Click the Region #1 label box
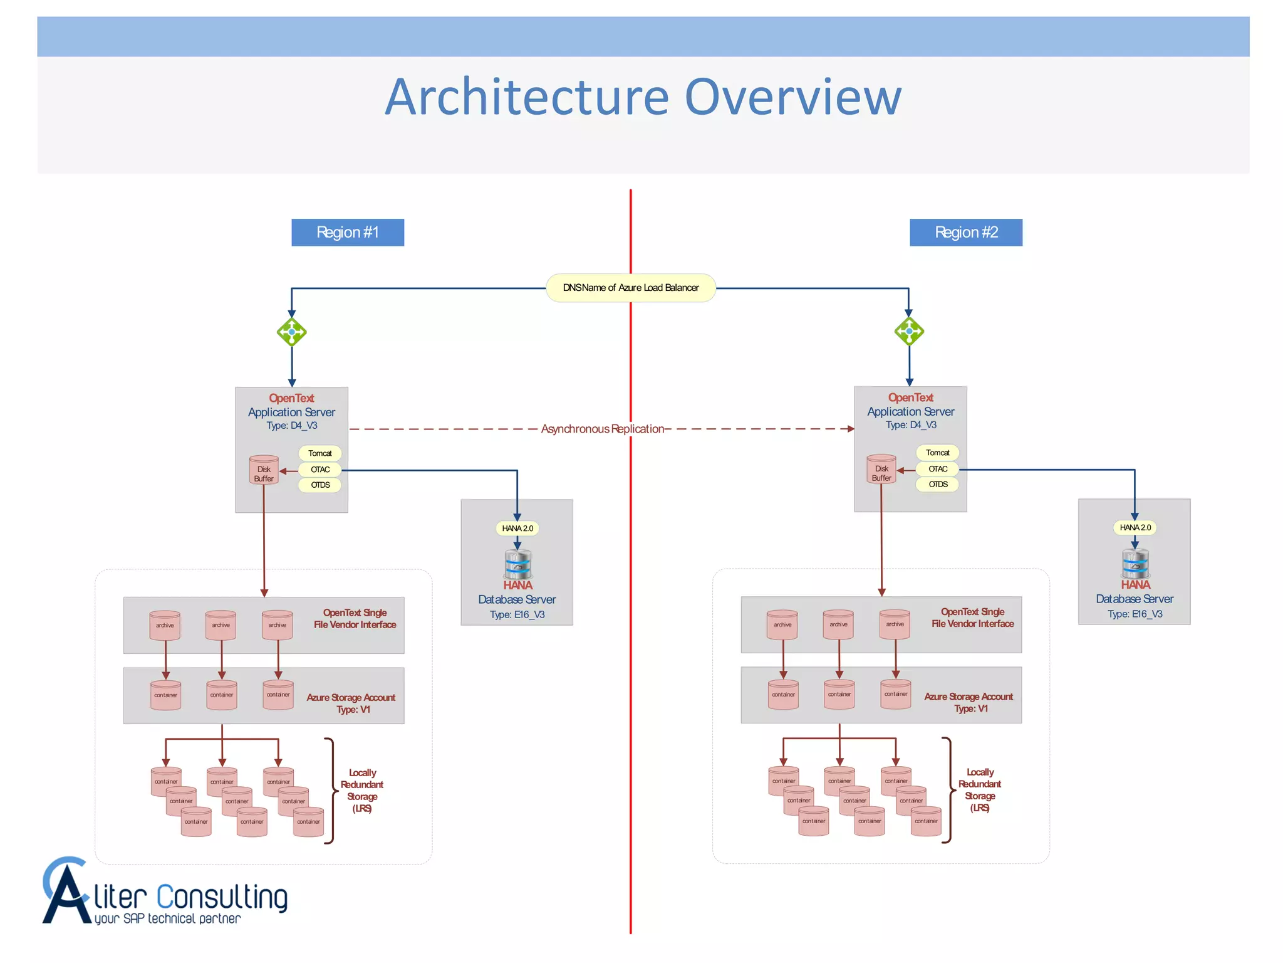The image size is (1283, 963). pos(348,233)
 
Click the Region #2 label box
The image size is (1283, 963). pos(965,233)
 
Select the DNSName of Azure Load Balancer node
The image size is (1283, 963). pos(631,288)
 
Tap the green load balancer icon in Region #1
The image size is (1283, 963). pos(292,332)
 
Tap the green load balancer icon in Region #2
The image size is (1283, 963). pos(909,331)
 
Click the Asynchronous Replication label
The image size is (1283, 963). pos(602,429)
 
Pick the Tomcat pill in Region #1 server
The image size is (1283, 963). pos(320,453)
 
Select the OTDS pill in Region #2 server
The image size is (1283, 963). pos(938,484)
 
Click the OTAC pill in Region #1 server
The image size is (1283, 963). pos(320,470)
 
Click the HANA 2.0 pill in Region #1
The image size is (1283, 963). pos(517,529)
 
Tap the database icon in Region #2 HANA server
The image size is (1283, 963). pos(1135,563)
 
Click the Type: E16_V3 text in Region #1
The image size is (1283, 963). pos(517,614)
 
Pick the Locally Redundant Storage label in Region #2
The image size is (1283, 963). pos(980,790)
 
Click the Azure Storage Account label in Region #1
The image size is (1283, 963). pos(351,703)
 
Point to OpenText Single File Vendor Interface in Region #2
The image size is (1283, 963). pos(972,618)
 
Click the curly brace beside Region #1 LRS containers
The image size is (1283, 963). pos(331,791)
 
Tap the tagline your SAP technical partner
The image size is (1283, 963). pos(168,919)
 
